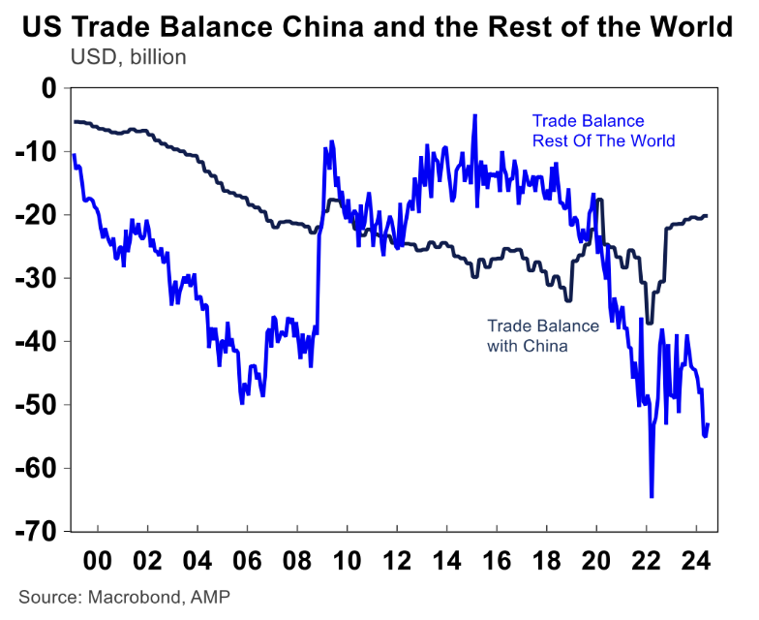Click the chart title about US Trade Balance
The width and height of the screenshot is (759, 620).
[x=379, y=27]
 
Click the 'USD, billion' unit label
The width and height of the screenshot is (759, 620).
[x=128, y=56]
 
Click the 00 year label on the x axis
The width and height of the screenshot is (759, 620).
[x=98, y=561]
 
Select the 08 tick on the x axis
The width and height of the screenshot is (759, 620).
[x=297, y=561]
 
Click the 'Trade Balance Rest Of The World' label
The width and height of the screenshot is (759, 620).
[x=602, y=131]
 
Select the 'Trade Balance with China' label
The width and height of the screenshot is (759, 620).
[x=542, y=335]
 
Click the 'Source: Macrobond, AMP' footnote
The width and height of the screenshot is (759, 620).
[x=125, y=595]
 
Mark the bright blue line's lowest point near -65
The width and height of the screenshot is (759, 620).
[x=652, y=497]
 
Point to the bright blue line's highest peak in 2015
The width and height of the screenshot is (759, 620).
[x=474, y=115]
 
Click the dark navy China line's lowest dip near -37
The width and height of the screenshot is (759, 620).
[x=649, y=323]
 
